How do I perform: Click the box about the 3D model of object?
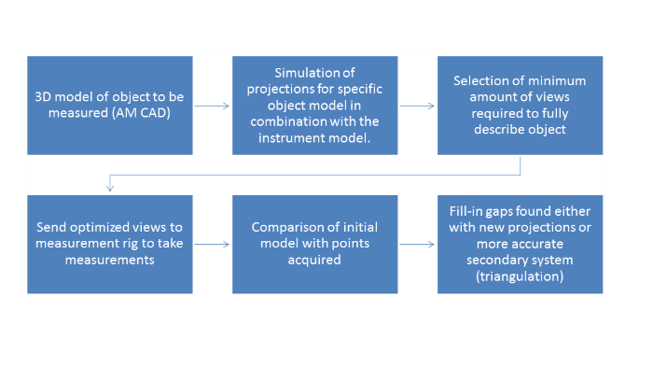(110, 106)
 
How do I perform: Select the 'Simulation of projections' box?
(315, 106)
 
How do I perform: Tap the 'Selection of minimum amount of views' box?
(520, 106)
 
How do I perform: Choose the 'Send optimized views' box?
(110, 244)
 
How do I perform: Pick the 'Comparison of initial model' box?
(315, 244)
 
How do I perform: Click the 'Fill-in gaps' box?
(520, 244)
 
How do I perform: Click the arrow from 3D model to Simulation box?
(212, 106)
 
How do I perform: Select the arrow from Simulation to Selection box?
(417, 106)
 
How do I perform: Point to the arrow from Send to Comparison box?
(212, 244)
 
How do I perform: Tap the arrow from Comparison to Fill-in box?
(417, 244)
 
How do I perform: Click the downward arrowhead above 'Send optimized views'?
(110, 188)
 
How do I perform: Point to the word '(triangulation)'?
(520, 276)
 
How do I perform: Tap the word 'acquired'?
(314, 261)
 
